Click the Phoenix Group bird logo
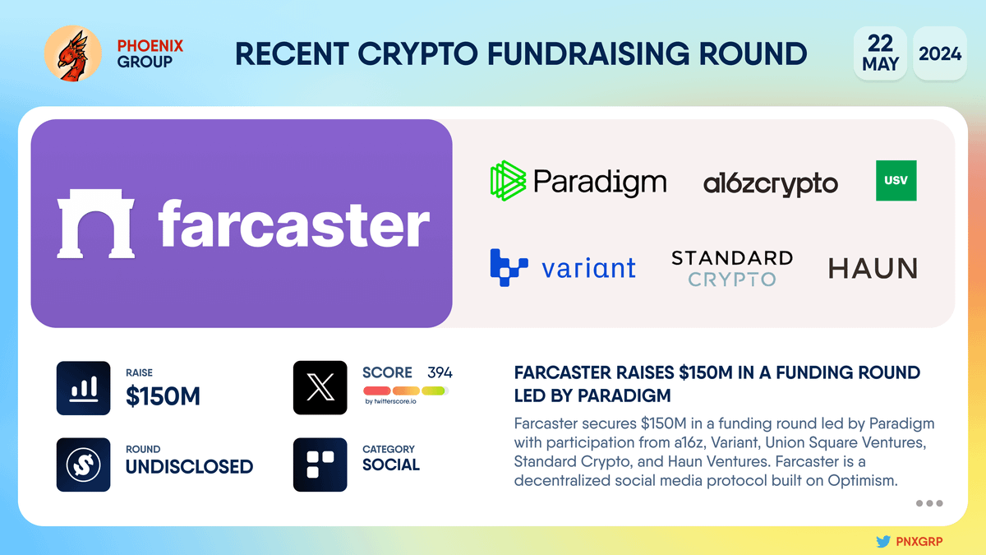pos(72,53)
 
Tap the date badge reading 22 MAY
pos(880,53)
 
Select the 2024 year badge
pos(940,53)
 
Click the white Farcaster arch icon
pos(95,224)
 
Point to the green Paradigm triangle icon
pos(508,181)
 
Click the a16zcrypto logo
pos(771,183)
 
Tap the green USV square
pos(896,181)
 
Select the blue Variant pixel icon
pos(509,268)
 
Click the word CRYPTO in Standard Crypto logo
pos(732,280)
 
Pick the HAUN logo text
pos(873,268)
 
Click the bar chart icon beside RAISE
pos(83,388)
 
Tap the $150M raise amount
pos(163,396)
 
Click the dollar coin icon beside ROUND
pos(83,465)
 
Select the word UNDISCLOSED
pos(189,466)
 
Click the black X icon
pos(320,387)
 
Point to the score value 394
pos(440,372)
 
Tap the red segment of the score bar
pos(377,391)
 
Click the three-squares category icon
pos(320,465)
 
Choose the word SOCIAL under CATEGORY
pos(391,465)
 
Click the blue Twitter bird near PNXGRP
pos(883,541)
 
